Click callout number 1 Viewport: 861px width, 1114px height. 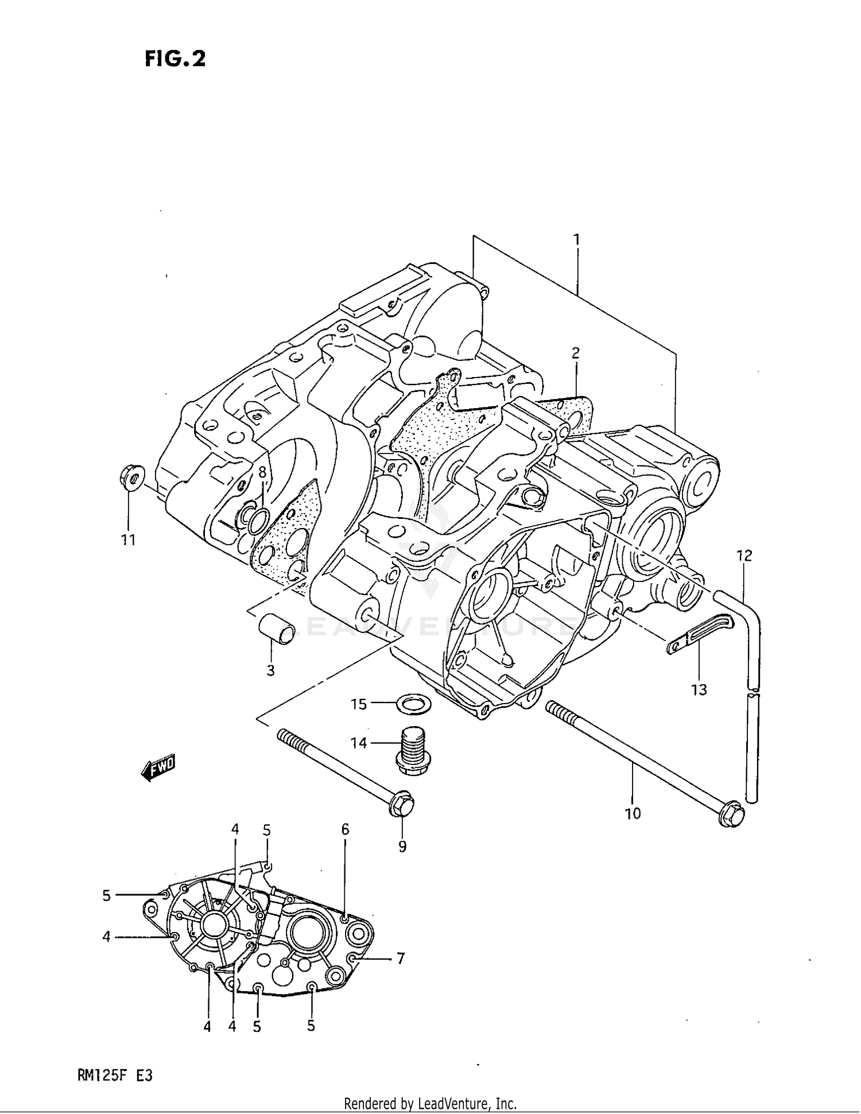pyautogui.click(x=576, y=239)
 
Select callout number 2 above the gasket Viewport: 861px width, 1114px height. pyautogui.click(x=575, y=353)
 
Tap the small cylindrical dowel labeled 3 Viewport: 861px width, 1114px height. pyautogui.click(x=276, y=630)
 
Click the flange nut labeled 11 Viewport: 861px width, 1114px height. pyautogui.click(x=131, y=478)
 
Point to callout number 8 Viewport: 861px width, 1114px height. pyautogui.click(x=262, y=472)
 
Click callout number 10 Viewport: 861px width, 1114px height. pyautogui.click(x=633, y=813)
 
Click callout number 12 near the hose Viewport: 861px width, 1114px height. pyautogui.click(x=744, y=556)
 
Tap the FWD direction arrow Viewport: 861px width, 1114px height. pyautogui.click(x=158, y=767)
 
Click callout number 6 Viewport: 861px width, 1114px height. pyautogui.click(x=345, y=829)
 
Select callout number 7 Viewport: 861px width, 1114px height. pyautogui.click(x=401, y=958)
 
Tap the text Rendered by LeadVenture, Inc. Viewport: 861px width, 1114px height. pyautogui.click(x=430, y=1104)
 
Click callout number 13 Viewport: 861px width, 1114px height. pyautogui.click(x=699, y=689)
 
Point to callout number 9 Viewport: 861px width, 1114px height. pyautogui.click(x=402, y=846)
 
